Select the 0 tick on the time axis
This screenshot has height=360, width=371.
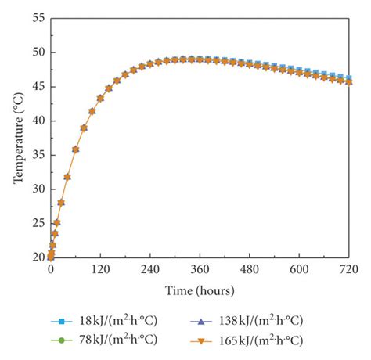point(51,268)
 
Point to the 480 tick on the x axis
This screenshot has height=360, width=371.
point(250,268)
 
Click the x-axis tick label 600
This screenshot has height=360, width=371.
point(300,268)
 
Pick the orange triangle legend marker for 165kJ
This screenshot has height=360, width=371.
point(205,340)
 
